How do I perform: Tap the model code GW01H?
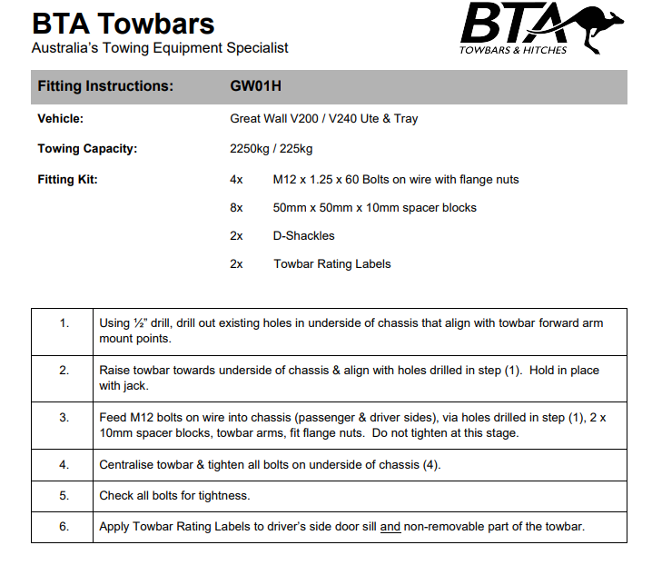pyautogui.click(x=256, y=86)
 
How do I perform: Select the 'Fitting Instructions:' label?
pyautogui.click(x=105, y=86)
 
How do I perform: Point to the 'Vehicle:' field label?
pyautogui.click(x=60, y=118)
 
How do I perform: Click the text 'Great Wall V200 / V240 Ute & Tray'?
pyautogui.click(x=324, y=118)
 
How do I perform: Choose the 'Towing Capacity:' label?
pyautogui.click(x=87, y=149)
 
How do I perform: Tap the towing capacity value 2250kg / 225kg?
pyautogui.click(x=272, y=149)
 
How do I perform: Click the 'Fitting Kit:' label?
pyautogui.click(x=67, y=180)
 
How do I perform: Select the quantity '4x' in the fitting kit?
pyautogui.click(x=237, y=180)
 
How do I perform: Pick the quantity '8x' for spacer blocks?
pyautogui.click(x=237, y=208)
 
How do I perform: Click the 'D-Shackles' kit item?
pyautogui.click(x=303, y=236)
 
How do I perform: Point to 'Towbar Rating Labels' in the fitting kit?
pyautogui.click(x=331, y=264)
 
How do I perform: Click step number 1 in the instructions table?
pyautogui.click(x=64, y=323)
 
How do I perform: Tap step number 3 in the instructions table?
pyautogui.click(x=64, y=418)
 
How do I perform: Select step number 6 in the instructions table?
pyautogui.click(x=64, y=527)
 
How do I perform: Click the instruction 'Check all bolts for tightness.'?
pyautogui.click(x=174, y=496)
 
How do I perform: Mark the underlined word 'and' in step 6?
pyautogui.click(x=390, y=527)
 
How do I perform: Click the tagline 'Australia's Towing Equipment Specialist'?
pyautogui.click(x=160, y=48)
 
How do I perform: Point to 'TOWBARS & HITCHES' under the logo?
pyautogui.click(x=513, y=50)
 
